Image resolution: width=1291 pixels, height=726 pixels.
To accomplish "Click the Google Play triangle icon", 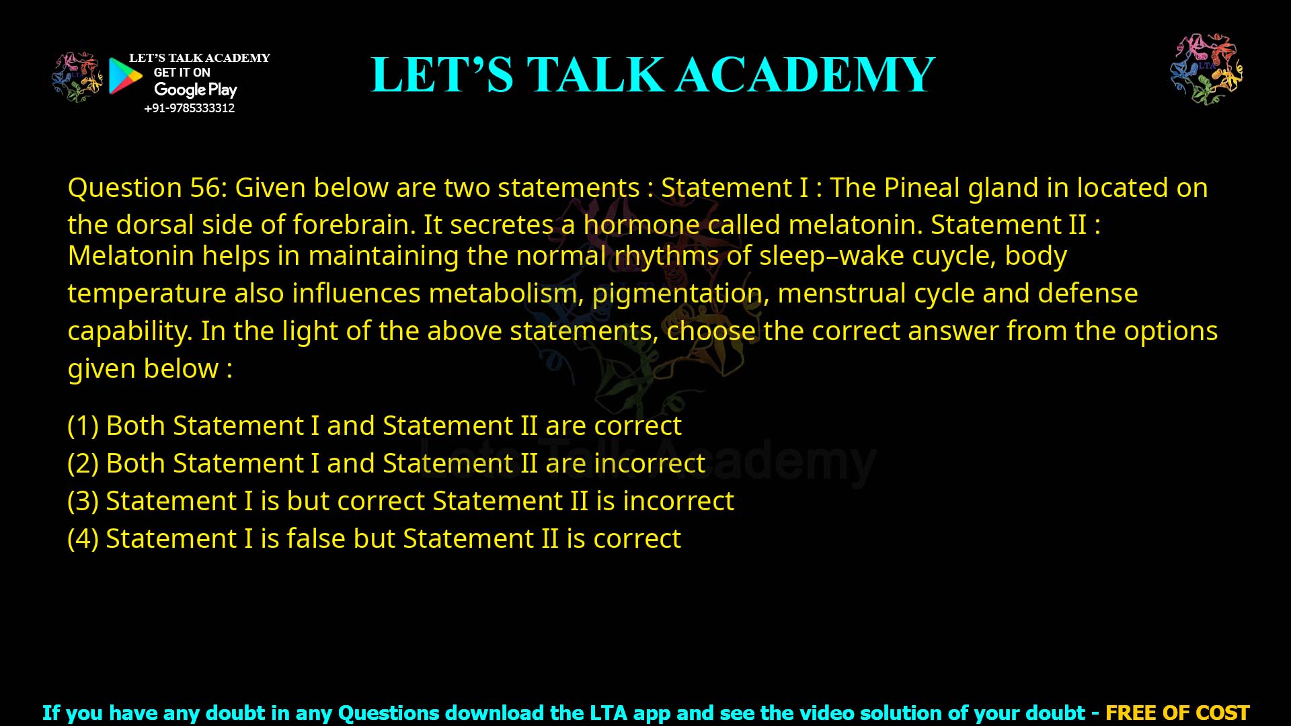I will [125, 76].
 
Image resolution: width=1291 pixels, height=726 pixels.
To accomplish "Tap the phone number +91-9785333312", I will [190, 108].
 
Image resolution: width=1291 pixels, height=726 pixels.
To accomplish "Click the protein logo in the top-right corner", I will [1206, 69].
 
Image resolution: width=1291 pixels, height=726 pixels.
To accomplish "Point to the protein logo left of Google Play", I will [77, 77].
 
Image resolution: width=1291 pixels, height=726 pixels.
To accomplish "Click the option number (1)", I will [83, 426].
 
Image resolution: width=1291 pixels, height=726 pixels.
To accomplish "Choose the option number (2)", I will [83, 463].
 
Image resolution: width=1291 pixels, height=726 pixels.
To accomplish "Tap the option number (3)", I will [83, 501].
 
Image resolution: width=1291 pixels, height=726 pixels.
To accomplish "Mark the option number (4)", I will [83, 538].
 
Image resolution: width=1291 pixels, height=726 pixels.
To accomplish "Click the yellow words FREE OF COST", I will [1177, 713].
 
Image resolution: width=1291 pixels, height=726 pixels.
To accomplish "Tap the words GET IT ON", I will [182, 73].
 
